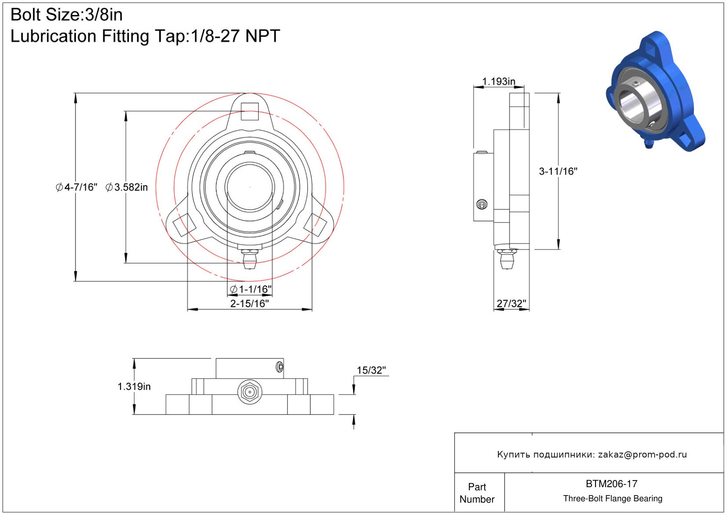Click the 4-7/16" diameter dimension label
coord(77,187)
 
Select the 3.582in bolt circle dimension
coord(127,187)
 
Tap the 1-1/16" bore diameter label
coord(251,289)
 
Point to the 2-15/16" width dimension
coord(249,303)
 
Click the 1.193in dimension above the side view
coord(498,81)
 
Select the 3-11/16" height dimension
coord(558,172)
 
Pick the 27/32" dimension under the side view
coord(512,303)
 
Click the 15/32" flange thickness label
coord(371,370)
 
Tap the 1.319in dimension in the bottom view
coord(134,386)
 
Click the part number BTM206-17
coord(611,484)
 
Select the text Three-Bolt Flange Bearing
coord(613,498)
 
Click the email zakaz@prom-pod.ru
coord(642,454)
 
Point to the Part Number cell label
coord(477,493)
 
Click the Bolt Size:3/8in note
coord(67,15)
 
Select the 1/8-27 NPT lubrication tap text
coord(235,36)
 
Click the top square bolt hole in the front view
coord(250,111)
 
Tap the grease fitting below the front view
coord(250,259)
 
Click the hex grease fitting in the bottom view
coord(249,392)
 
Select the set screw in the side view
coord(482,204)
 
